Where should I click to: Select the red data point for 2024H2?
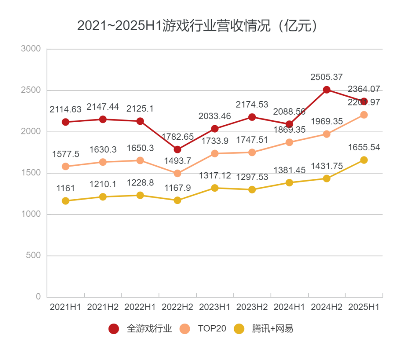pos(327,90)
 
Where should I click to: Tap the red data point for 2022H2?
pos(178,149)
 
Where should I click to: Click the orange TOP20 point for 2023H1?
pos(215,154)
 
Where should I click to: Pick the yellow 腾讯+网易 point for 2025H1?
pos(364,160)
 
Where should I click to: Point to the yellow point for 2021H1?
pos(66,201)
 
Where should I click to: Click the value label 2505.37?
pos(327,77)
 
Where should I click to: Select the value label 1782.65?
pos(178,137)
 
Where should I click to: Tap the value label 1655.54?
pos(364,147)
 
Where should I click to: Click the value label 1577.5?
pos(66,154)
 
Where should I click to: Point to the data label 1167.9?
pos(178,188)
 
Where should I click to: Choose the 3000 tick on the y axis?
pos(31,49)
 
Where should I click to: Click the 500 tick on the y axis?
pos(33,256)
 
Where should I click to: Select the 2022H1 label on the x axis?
pos(140,307)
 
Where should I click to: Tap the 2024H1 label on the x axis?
pos(289,307)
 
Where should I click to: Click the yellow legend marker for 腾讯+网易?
pos(239,329)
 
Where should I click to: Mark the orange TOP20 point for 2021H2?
pos(103,162)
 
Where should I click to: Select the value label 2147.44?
pos(103,107)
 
